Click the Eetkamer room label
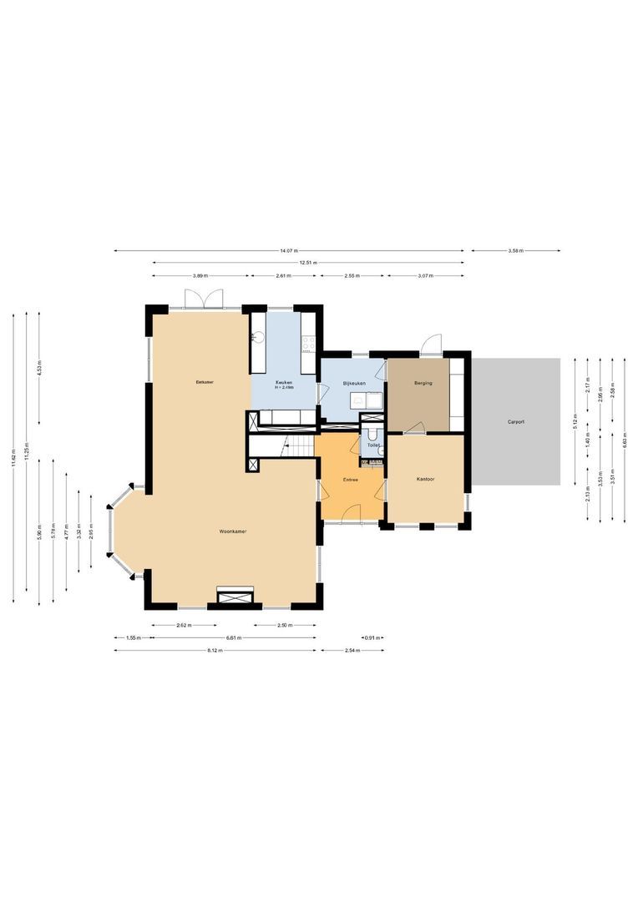[204, 382]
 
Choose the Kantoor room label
[426, 479]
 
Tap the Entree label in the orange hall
[352, 480]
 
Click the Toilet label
[373, 445]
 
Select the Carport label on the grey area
[516, 422]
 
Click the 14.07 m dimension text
[289, 250]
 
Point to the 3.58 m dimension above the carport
[515, 250]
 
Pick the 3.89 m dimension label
[200, 275]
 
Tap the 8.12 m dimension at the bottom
[215, 651]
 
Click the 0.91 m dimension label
[372, 638]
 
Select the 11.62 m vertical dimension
[14, 458]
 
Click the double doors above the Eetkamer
[205, 299]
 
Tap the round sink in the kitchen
[258, 338]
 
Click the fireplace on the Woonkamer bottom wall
[235, 595]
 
